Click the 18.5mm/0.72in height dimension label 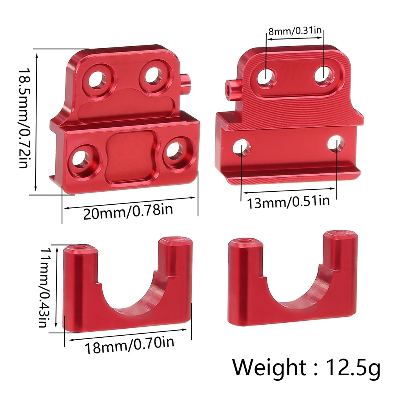click(24, 118)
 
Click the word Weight click(268, 367)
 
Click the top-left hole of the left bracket click(96, 80)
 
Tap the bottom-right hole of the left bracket click(174, 149)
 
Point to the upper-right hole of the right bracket click(323, 73)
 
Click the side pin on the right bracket click(233, 88)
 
